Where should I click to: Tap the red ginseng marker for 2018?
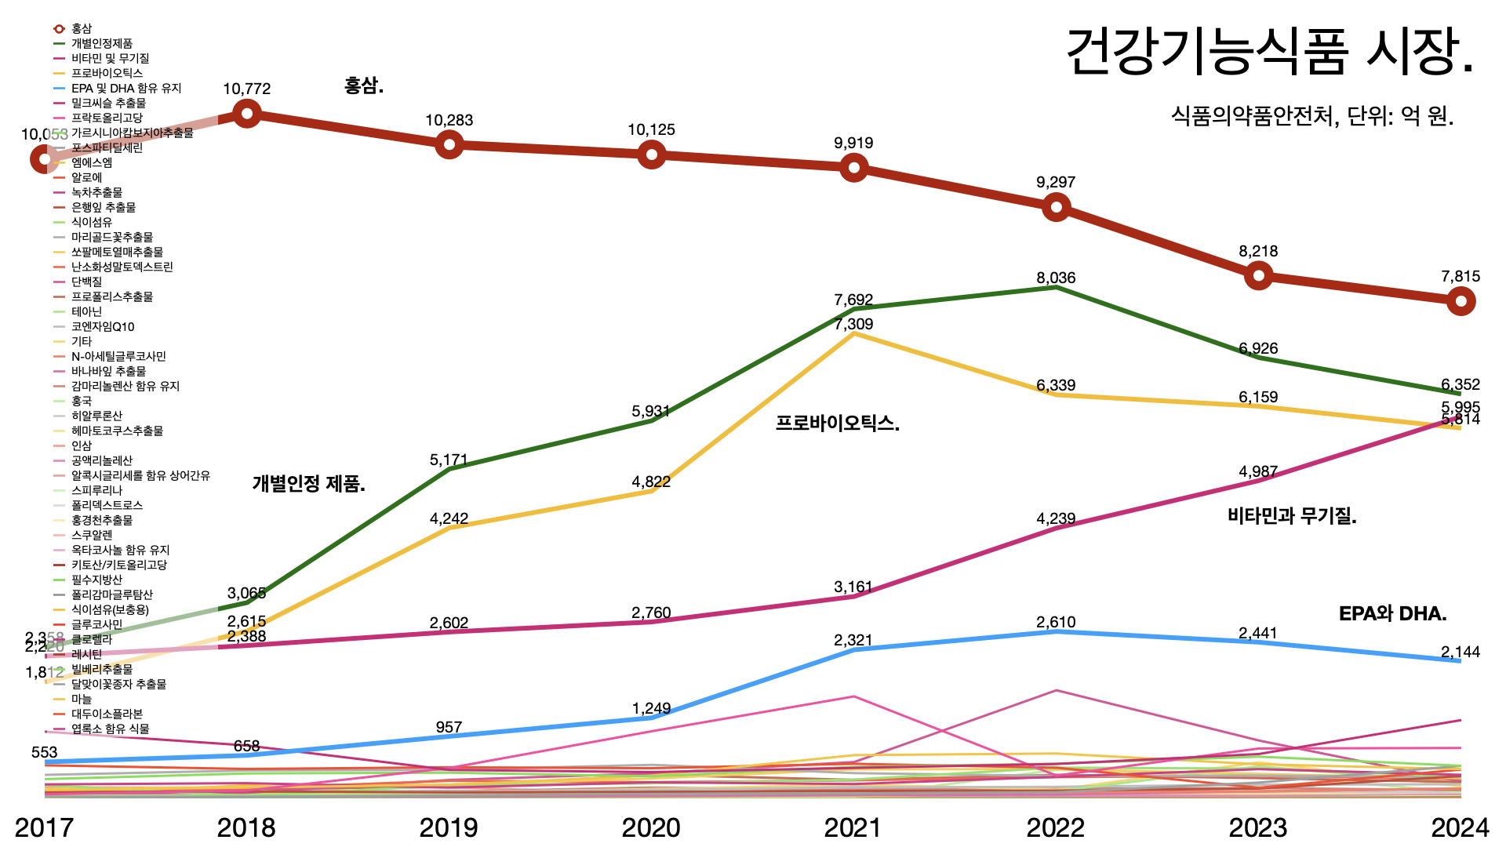[247, 115]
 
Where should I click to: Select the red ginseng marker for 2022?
[1056, 207]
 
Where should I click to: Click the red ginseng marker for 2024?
[1461, 301]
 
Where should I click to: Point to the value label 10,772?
[246, 89]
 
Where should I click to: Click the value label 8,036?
[1056, 278]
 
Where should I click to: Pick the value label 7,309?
[853, 325]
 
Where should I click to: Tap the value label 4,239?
[1056, 519]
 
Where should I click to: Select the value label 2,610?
[1056, 623]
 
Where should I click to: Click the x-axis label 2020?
[651, 827]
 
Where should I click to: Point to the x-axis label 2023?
[1258, 827]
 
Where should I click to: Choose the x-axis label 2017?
[44, 827]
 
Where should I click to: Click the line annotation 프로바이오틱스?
[837, 423]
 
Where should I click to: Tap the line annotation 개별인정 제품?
[308, 484]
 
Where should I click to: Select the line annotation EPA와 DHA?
[1392, 614]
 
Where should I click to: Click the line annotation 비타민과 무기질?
[1292, 516]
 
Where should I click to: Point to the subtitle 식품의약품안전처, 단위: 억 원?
[1312, 117]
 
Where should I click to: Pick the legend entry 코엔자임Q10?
[103, 327]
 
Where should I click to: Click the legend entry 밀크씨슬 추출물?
[108, 104]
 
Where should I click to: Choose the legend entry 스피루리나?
[96, 491]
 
